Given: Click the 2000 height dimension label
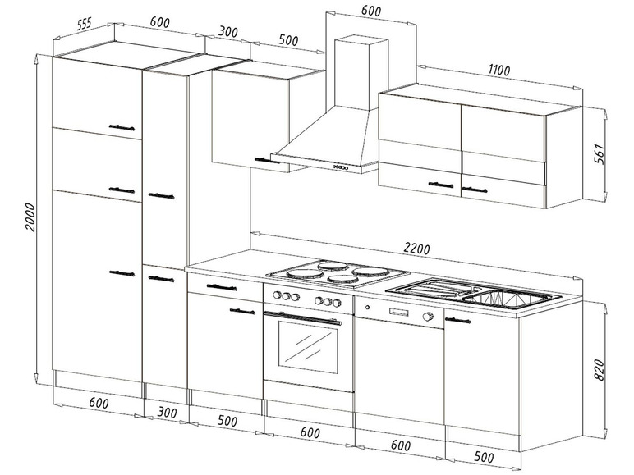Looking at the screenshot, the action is pos(30,217).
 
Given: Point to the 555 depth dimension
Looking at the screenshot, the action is pos(84,24).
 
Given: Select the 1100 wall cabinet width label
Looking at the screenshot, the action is pos(499,70).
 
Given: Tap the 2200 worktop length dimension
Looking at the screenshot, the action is pos(416,248).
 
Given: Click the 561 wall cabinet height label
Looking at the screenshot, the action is pos(600,153).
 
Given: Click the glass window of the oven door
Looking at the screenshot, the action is pos(308,347).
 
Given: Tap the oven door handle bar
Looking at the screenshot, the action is pos(302,317).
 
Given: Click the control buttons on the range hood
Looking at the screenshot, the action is pos(340,167).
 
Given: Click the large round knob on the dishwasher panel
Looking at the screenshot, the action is pos(427,317).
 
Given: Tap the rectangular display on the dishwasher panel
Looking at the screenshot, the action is pos(399,312).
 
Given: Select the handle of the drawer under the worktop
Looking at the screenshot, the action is pos(222,287).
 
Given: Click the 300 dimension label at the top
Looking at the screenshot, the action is pos(228,32).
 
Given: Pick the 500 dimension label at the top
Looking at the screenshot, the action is pos(288,39).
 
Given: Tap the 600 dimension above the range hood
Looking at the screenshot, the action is pos(370,11).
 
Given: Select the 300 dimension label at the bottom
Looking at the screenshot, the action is pos(167,412).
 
